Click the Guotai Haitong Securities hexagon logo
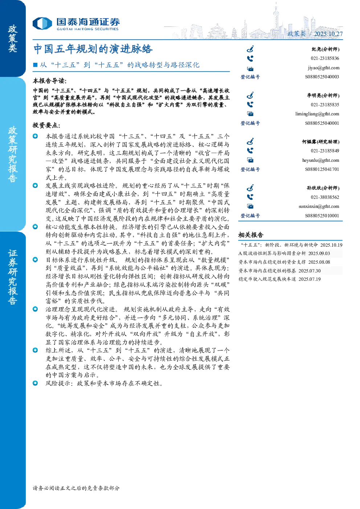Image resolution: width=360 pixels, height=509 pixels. [42, 24]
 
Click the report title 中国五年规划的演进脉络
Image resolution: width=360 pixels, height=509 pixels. [93, 49]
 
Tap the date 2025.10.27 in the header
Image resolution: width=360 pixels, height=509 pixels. [328, 34]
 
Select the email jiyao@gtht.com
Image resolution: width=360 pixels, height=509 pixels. [323, 68]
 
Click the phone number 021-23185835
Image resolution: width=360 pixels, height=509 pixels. [325, 104]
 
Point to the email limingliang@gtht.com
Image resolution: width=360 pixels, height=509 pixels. [317, 114]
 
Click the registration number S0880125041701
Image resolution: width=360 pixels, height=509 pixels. [322, 169]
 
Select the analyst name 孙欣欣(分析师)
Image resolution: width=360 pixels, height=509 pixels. [323, 188]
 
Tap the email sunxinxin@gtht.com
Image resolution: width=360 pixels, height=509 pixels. [319, 206]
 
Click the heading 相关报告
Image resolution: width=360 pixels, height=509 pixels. [251, 235]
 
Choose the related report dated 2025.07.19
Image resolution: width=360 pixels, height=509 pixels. [279, 279]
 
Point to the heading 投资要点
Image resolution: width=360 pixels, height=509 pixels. [46, 125]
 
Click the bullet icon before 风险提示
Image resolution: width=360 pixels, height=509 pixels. [35, 383]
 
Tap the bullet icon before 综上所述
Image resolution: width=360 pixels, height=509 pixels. [35, 350]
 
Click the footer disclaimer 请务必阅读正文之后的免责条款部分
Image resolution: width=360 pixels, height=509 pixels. [76, 488]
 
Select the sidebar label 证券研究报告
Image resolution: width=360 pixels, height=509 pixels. [13, 277]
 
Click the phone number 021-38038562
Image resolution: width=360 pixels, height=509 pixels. [325, 197]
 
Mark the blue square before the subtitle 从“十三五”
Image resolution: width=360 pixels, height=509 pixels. [35, 65]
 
